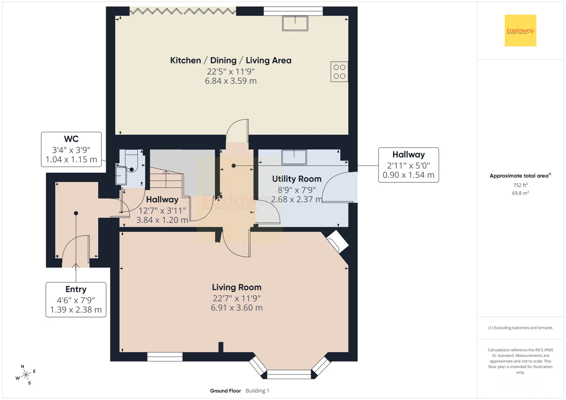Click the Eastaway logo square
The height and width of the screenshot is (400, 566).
[520, 30]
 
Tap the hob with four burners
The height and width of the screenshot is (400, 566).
[339, 72]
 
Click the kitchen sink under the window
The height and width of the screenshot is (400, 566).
[295, 23]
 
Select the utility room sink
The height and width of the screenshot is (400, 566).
[294, 157]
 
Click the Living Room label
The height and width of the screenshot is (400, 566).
[237, 287]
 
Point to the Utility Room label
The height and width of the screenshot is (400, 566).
[297, 179]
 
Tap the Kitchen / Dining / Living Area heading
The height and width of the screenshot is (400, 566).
[231, 60]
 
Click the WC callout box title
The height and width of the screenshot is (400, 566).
[71, 139]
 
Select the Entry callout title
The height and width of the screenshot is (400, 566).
[76, 289]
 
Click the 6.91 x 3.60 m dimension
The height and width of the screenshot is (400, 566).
[237, 308]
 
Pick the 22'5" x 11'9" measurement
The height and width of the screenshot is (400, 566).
[231, 72]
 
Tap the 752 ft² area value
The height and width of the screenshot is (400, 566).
[520, 185]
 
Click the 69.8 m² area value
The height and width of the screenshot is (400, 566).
[520, 193]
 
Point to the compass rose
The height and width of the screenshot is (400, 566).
[26, 375]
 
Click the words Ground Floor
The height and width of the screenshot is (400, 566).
[225, 391]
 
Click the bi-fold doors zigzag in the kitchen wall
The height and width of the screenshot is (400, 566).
[183, 11]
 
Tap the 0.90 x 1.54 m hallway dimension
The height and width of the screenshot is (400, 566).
[409, 175]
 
